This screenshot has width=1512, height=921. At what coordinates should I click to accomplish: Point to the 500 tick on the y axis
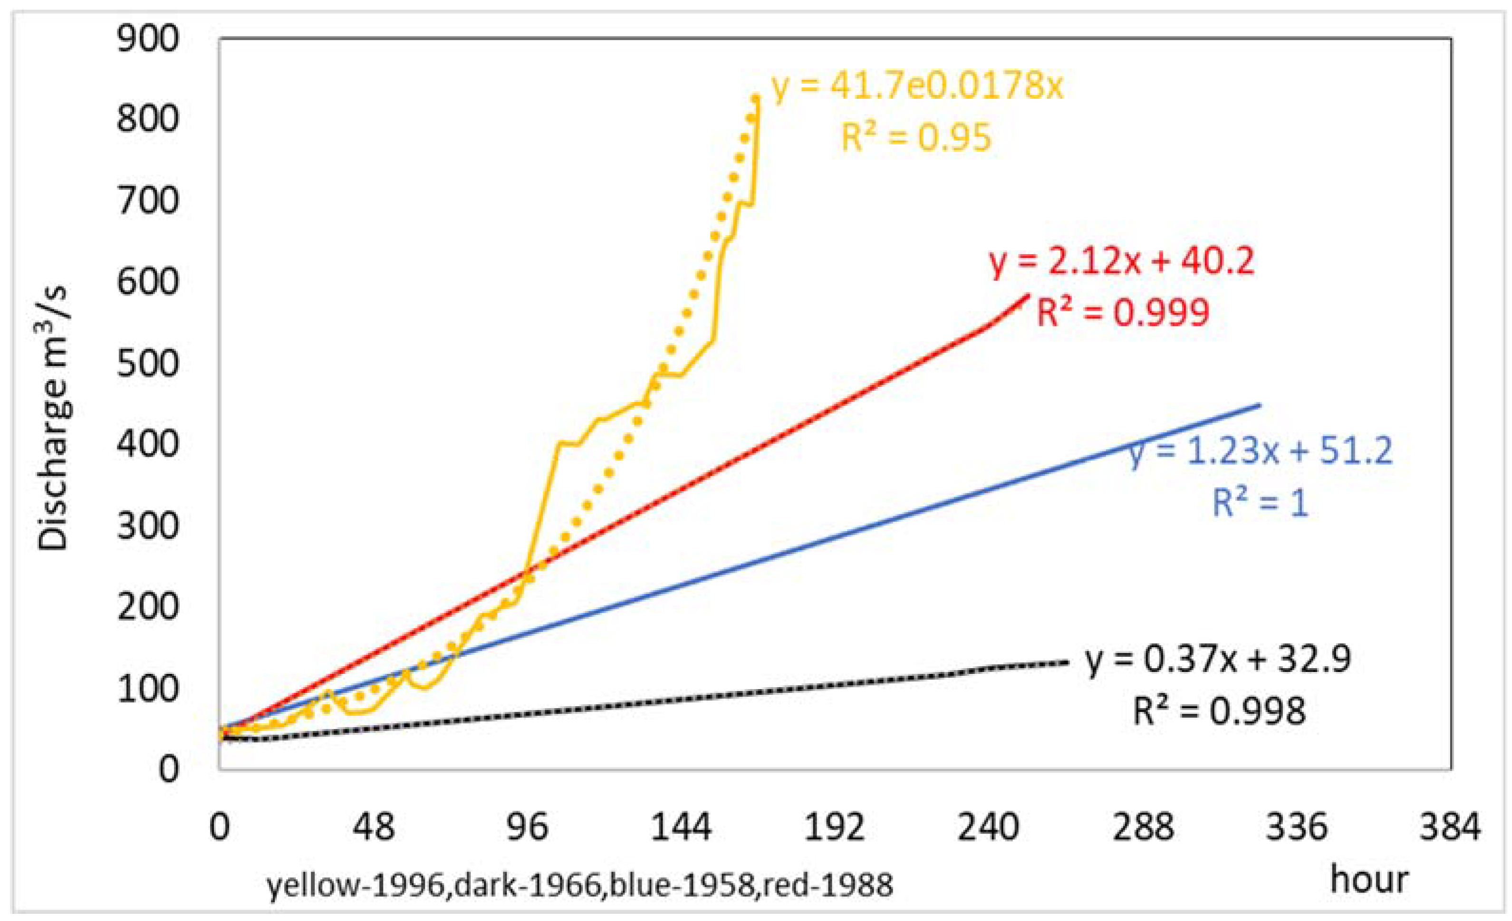click(148, 364)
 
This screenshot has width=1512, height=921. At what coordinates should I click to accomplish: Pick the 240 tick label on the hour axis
click(988, 827)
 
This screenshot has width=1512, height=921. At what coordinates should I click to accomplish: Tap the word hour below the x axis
click(1368, 880)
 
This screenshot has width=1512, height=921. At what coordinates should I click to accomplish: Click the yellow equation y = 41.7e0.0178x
click(917, 87)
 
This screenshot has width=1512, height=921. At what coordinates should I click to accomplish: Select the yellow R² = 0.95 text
click(915, 137)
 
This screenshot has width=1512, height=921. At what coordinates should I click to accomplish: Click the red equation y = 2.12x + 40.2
click(1122, 261)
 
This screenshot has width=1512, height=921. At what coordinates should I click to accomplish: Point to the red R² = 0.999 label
click(1122, 312)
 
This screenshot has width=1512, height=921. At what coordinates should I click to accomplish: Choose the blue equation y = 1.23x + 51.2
click(1261, 451)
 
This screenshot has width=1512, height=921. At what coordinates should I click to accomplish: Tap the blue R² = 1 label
click(1260, 502)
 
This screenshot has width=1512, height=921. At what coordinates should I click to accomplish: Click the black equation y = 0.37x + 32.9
click(1218, 660)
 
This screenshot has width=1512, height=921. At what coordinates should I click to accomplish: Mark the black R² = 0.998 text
click(1219, 712)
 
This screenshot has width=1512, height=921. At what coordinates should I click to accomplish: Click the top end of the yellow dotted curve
click(756, 98)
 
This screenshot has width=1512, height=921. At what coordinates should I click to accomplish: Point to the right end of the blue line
click(1259, 405)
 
